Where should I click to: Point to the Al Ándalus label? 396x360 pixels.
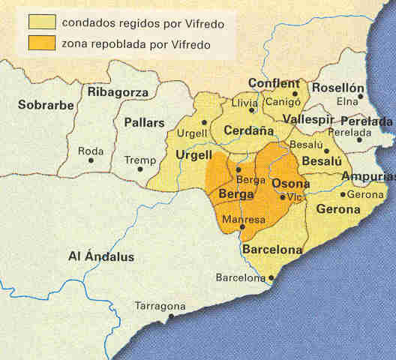point(101,256)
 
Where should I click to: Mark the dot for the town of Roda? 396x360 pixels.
point(91,160)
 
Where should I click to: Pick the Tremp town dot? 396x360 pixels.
point(139,169)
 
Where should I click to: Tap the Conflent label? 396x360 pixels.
point(274,83)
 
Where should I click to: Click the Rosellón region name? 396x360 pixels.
point(337,88)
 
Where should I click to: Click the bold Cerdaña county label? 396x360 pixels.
point(244,128)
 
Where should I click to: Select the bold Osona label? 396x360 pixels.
point(290,184)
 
